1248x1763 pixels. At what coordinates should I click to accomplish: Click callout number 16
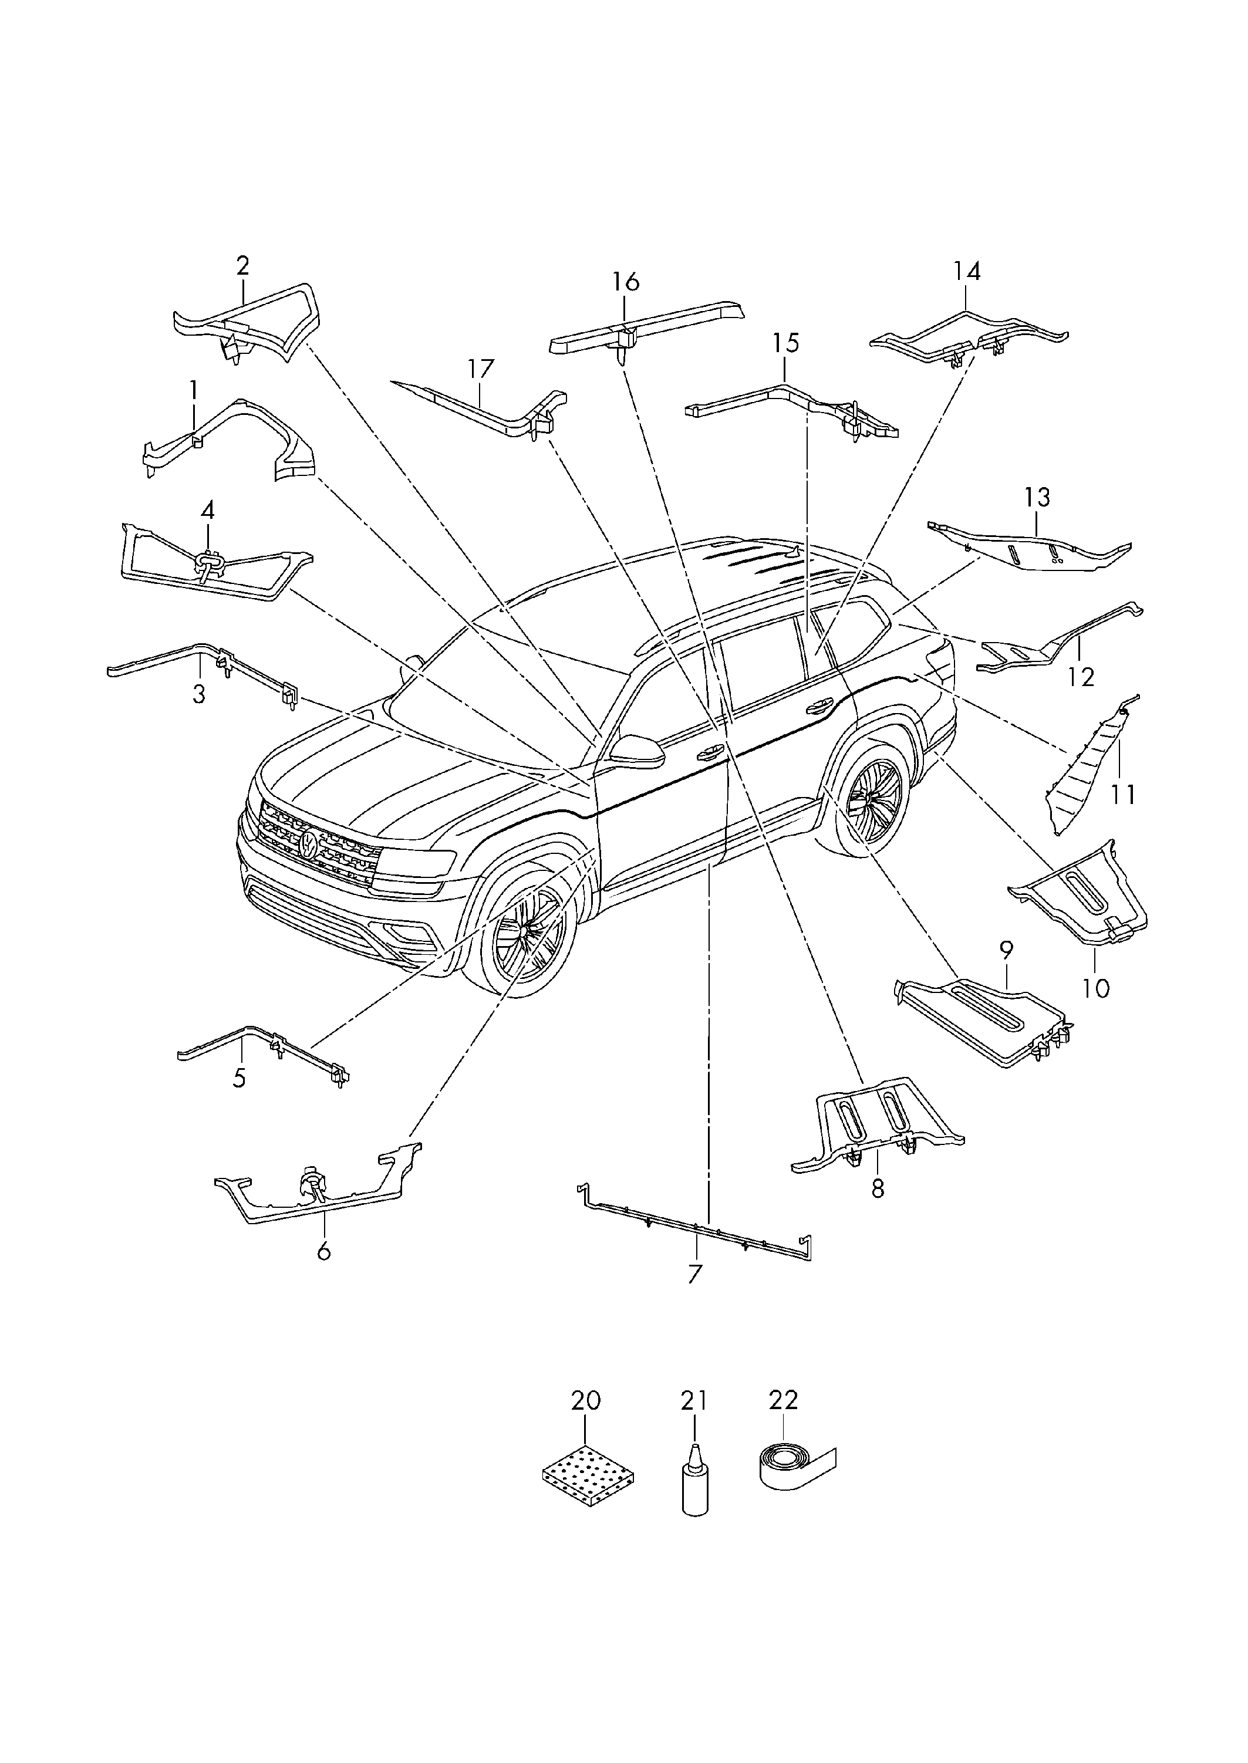(626, 282)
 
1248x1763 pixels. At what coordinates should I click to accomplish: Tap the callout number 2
(243, 266)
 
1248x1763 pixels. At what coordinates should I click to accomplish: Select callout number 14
(967, 271)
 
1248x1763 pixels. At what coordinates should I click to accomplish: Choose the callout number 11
(1123, 794)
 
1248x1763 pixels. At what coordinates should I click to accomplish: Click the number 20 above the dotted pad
(586, 1400)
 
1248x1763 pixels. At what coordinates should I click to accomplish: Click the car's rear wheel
(872, 798)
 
